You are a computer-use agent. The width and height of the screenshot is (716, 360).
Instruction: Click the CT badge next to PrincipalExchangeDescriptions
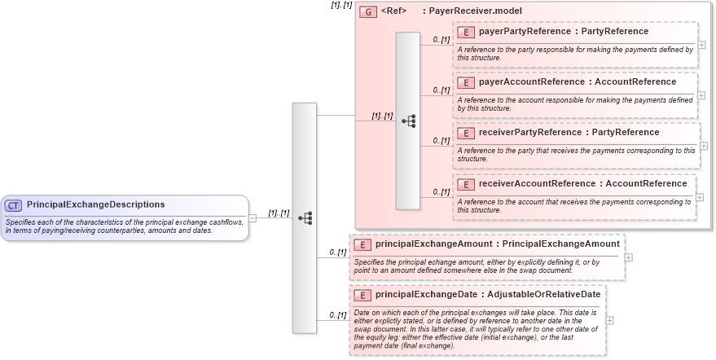[x=13, y=204]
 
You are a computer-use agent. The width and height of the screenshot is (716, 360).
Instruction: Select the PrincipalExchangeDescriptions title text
[x=95, y=204]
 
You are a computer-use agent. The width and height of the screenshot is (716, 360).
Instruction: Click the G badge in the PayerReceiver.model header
[x=368, y=11]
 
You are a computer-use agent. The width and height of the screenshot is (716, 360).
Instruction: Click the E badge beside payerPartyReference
[x=466, y=32]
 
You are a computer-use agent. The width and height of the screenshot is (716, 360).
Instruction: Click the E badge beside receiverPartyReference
[x=466, y=133]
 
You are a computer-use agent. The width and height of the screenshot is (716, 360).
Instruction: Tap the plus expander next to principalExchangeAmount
[x=628, y=257]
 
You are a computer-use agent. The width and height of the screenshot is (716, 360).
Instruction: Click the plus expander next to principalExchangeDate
[x=610, y=320]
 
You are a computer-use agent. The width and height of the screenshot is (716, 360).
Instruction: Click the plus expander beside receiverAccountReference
[x=701, y=196]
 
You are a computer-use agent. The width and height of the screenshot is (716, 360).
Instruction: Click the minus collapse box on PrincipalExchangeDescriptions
[x=253, y=217]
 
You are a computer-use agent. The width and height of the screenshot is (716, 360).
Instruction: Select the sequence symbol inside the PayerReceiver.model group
[x=408, y=121]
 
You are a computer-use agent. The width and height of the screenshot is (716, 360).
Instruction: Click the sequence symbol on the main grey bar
[x=305, y=218]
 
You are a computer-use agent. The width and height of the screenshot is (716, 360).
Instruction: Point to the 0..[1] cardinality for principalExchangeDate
[x=338, y=315]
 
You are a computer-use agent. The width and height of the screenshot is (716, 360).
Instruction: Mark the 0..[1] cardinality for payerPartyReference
[x=441, y=40]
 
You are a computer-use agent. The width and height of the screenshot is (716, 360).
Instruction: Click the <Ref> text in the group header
[x=393, y=11]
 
